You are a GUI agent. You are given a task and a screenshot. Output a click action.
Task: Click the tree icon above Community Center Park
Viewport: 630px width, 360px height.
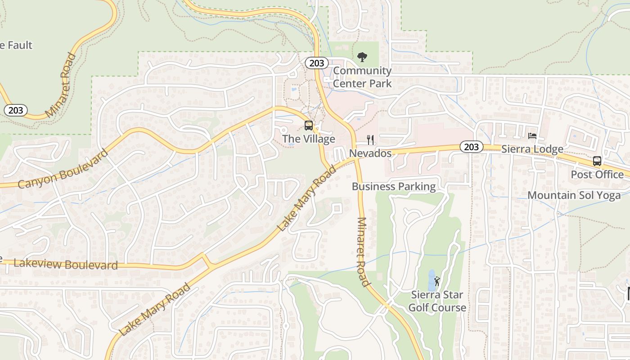tap(362, 57)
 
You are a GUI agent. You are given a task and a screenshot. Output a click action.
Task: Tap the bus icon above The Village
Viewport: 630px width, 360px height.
tap(309, 126)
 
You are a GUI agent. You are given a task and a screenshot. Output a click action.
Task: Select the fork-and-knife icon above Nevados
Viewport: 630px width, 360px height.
tap(370, 139)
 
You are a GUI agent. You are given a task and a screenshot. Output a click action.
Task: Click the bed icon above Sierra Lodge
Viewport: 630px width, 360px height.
tap(532, 135)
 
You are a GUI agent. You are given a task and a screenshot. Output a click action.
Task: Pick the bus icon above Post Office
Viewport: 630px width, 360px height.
tap(597, 161)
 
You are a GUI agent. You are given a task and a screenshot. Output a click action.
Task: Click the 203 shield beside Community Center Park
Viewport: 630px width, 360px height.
tap(317, 63)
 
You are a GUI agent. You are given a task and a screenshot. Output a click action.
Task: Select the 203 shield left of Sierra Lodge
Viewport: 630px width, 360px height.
tap(471, 147)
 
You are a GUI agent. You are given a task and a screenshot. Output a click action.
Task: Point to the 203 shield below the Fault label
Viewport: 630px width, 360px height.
tap(16, 110)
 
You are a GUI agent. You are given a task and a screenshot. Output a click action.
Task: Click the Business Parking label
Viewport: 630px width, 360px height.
tap(394, 186)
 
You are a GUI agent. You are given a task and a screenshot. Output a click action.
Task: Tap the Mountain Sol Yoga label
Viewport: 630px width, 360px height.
tap(574, 195)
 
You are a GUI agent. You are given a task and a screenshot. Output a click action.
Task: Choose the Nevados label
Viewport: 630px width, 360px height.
tap(370, 153)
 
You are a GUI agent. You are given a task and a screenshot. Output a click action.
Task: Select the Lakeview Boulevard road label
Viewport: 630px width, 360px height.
tap(66, 264)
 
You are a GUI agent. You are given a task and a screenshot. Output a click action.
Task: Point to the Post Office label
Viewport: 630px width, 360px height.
tap(597, 174)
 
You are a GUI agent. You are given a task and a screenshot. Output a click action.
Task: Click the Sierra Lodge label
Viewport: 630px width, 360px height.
tap(532, 149)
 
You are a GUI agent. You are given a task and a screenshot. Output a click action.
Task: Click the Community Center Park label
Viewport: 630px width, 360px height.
tap(362, 77)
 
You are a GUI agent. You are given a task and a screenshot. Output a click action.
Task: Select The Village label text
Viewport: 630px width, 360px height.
tap(309, 139)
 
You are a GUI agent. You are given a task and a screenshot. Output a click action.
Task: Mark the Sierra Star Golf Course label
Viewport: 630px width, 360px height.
tap(437, 301)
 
